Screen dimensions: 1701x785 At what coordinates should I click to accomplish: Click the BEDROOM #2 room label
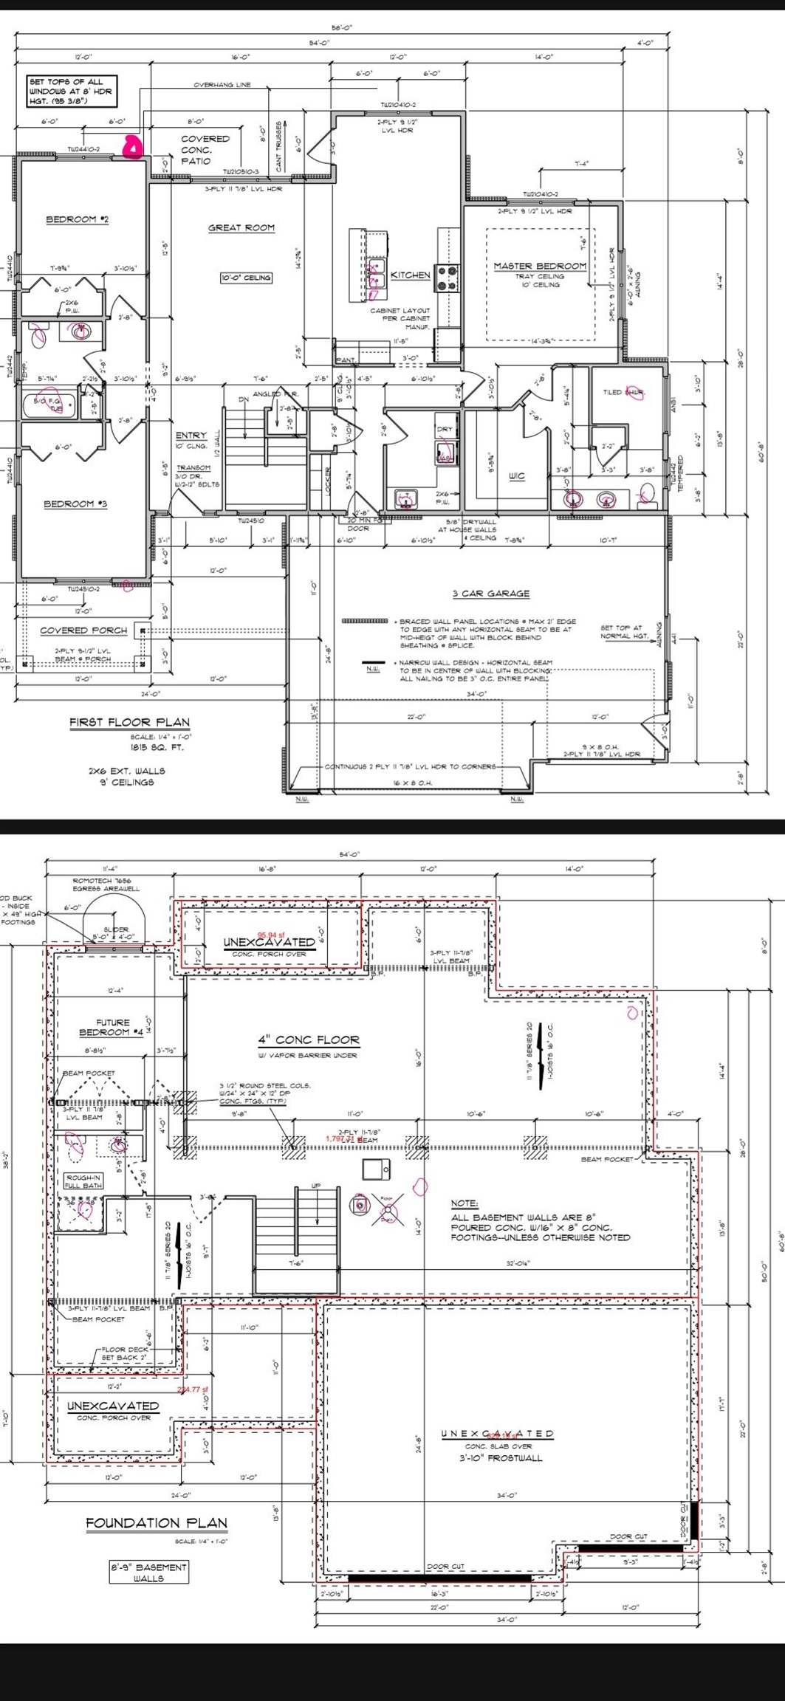pyautogui.click(x=77, y=219)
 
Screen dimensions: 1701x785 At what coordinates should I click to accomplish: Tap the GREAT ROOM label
pyautogui.click(x=241, y=227)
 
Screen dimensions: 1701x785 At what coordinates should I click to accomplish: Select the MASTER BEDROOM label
pyautogui.click(x=540, y=266)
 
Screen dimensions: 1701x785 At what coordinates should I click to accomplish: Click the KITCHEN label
pyautogui.click(x=410, y=275)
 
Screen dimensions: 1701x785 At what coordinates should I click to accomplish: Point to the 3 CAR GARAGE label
pyautogui.click(x=490, y=593)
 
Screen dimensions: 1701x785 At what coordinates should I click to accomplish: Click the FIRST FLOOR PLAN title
pyautogui.click(x=129, y=722)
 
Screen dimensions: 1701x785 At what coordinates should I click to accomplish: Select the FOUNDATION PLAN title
pyautogui.click(x=157, y=1522)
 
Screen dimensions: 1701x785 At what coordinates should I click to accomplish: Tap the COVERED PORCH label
pyautogui.click(x=83, y=630)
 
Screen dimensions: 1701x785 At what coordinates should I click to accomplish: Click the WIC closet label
pyautogui.click(x=516, y=476)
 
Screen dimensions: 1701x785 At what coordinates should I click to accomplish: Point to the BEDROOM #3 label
pyautogui.click(x=75, y=504)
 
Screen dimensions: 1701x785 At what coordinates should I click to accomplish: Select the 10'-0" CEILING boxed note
pyautogui.click(x=246, y=278)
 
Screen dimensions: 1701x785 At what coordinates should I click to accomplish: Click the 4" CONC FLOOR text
pyautogui.click(x=308, y=1039)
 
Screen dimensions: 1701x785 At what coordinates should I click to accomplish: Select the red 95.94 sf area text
pyautogui.click(x=271, y=935)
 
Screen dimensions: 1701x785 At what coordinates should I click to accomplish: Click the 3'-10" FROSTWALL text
pyautogui.click(x=500, y=1458)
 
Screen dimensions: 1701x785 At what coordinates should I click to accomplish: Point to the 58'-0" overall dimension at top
pyautogui.click(x=341, y=28)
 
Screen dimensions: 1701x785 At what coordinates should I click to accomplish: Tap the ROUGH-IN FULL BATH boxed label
pyautogui.click(x=83, y=1181)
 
